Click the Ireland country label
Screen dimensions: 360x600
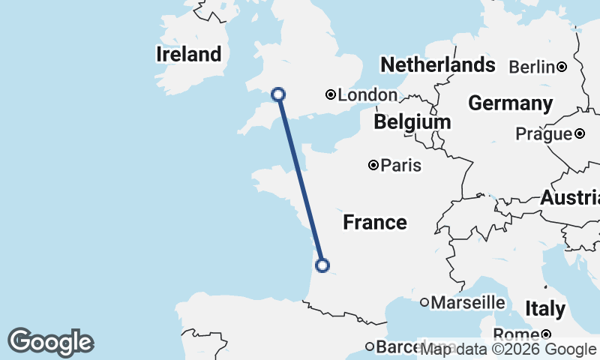(x=189, y=54)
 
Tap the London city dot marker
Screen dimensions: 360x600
(x=330, y=94)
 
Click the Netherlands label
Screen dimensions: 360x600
(x=438, y=64)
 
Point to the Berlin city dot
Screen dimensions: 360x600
(x=562, y=67)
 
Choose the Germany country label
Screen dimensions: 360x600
(x=510, y=103)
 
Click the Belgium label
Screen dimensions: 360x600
(x=412, y=121)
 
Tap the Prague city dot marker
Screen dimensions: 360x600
(x=580, y=134)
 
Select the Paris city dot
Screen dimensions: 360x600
(x=373, y=165)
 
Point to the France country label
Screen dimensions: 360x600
(x=375, y=222)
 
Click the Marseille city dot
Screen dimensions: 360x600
(x=424, y=302)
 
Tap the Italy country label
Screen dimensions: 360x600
(x=545, y=308)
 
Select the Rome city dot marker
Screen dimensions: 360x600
(x=546, y=334)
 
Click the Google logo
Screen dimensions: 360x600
(x=50, y=342)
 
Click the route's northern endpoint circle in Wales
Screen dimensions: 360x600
(x=278, y=94)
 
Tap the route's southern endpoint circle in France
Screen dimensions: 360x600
(x=322, y=265)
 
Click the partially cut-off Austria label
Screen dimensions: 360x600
(x=571, y=199)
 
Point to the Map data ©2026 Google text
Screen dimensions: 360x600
(x=508, y=349)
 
